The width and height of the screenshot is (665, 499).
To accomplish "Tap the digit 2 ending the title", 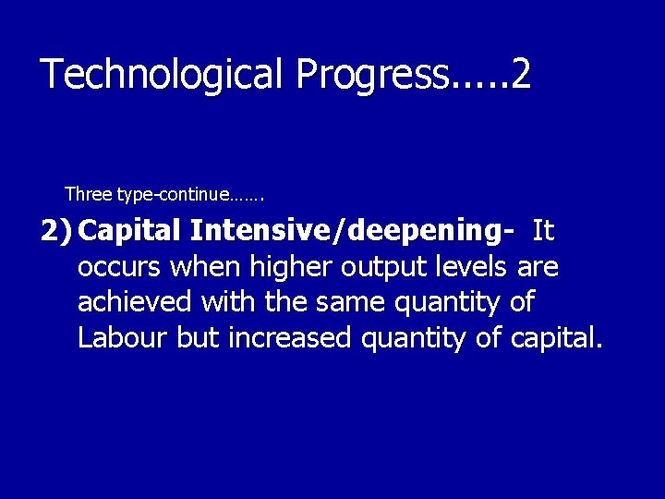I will [x=520, y=74].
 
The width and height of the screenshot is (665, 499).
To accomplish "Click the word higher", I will [x=288, y=267].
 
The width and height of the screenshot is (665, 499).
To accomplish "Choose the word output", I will [x=381, y=268].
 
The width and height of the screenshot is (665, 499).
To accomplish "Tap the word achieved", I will [x=134, y=302].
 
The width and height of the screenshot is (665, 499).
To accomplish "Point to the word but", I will [x=198, y=338].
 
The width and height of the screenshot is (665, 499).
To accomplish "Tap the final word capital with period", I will [x=554, y=339].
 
